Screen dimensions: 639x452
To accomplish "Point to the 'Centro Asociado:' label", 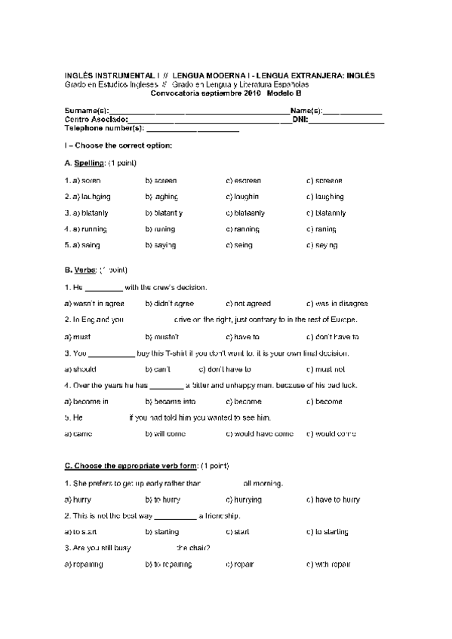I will [x=96, y=119].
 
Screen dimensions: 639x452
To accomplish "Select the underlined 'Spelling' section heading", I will [x=89, y=164].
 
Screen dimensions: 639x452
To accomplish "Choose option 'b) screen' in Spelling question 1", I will [x=161, y=181].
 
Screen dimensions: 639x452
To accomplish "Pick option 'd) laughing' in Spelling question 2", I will [x=324, y=197].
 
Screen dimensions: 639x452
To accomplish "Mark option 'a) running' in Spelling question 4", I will [x=85, y=229].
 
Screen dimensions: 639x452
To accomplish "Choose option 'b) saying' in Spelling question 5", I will [x=160, y=246].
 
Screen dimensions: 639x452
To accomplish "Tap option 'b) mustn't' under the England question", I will [x=161, y=338].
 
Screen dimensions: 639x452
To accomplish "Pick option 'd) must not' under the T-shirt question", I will [x=325, y=370].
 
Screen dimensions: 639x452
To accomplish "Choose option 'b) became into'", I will [x=170, y=402].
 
